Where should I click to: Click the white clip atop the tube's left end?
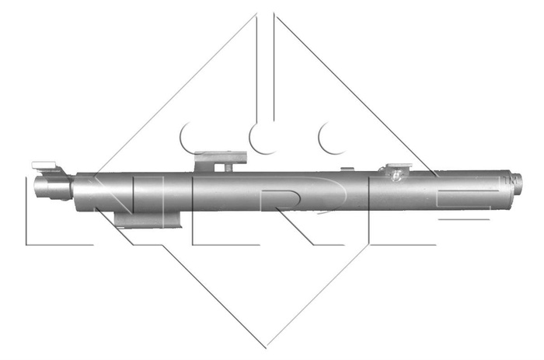[45, 165]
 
